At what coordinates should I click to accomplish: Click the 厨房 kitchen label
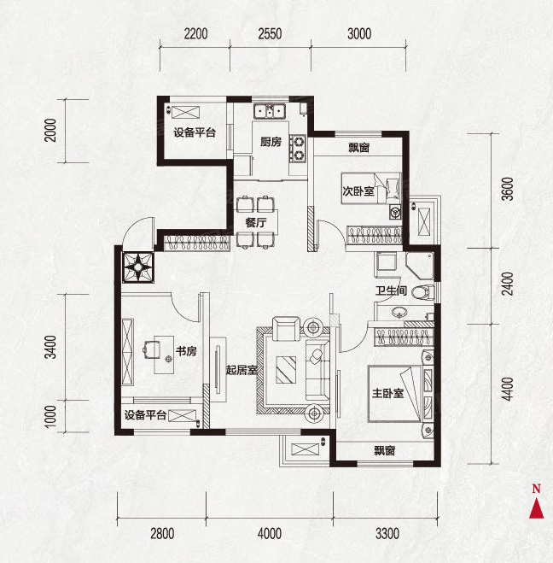click(271, 142)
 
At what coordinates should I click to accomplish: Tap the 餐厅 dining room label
click(256, 223)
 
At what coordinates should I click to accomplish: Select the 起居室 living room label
click(242, 370)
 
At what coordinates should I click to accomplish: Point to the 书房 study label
click(186, 351)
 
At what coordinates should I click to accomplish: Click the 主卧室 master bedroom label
click(387, 393)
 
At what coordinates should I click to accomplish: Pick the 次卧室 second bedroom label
click(358, 191)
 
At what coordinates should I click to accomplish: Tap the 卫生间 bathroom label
click(391, 290)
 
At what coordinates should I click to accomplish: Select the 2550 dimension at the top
click(270, 34)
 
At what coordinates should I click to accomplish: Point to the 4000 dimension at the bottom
click(270, 534)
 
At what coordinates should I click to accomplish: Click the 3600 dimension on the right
click(508, 189)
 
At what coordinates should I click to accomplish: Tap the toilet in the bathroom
click(423, 292)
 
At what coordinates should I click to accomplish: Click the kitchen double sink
click(270, 111)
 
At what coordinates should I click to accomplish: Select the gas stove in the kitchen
click(298, 149)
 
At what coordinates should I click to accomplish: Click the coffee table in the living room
click(286, 369)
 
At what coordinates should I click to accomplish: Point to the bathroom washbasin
click(399, 313)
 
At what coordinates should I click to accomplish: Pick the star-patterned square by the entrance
click(138, 267)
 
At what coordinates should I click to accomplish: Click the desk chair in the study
click(151, 349)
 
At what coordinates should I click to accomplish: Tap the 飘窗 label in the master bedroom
click(385, 450)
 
